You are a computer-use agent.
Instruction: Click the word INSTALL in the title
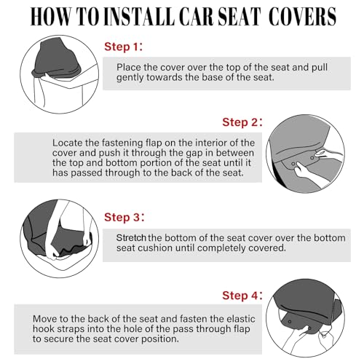tap(141, 17)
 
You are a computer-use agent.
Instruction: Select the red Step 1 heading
tap(124, 47)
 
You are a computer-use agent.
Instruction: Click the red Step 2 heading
tap(242, 122)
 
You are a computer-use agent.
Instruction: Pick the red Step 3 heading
tap(124, 217)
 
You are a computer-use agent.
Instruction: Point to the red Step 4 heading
tap(242, 296)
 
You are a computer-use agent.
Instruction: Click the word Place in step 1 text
tap(129, 67)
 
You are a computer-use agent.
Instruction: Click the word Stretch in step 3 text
tap(131, 238)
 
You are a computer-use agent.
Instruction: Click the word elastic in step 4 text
tap(241, 319)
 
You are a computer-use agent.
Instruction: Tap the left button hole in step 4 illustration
tap(290, 322)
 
